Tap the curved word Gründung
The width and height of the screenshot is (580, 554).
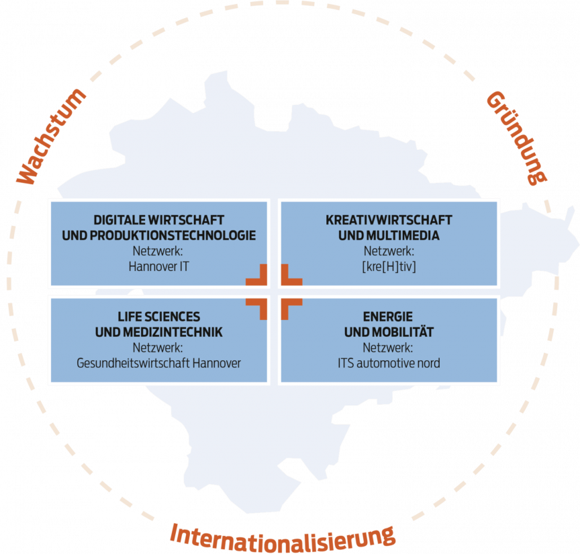point(517,138)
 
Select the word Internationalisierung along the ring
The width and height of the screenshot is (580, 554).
point(283,538)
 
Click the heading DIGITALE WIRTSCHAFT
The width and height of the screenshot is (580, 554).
point(158,220)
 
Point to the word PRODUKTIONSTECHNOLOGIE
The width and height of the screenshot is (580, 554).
point(173,236)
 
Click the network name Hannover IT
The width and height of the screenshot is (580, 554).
point(158,266)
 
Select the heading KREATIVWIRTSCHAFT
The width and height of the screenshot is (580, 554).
point(389,220)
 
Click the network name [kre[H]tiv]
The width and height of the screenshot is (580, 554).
point(389,267)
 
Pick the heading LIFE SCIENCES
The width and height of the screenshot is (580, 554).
point(158,317)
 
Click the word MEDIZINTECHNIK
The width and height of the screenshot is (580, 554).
point(173,332)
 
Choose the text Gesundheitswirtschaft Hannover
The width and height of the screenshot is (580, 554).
point(158,363)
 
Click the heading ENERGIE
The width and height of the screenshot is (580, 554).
point(388,317)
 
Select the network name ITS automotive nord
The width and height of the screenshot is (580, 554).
point(389,363)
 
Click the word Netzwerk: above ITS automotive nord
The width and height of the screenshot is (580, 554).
point(388,348)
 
